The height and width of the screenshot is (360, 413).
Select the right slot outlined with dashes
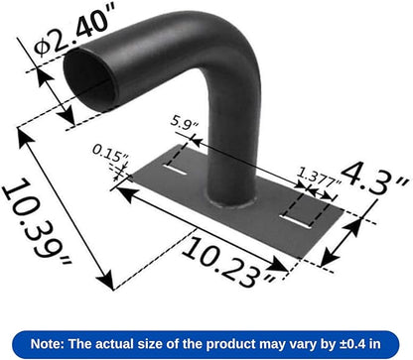pyautogui.click(x=298, y=210)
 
